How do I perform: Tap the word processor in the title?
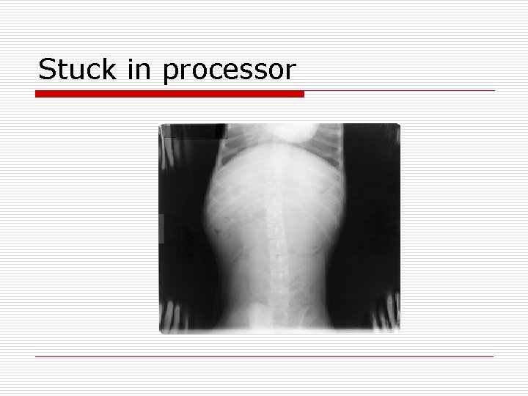230,71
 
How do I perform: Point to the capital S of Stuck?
45,70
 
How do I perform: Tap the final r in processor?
292,72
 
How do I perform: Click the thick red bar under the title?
169,94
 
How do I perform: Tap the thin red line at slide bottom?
265,357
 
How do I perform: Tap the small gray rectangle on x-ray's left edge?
162,227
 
